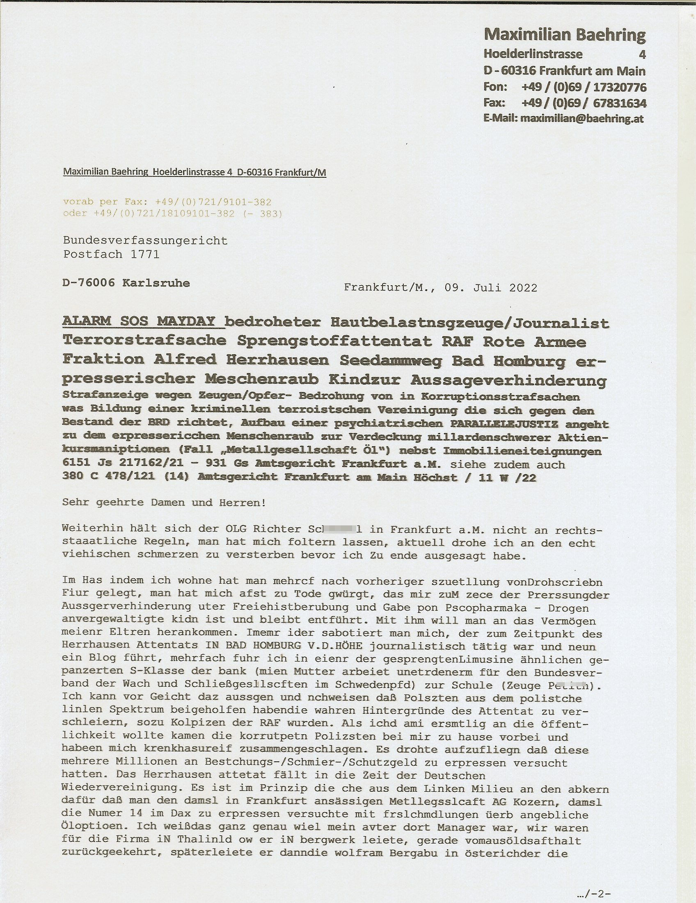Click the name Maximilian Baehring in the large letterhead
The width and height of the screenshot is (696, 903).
[564, 35]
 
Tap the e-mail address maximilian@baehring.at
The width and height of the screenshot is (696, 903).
[582, 119]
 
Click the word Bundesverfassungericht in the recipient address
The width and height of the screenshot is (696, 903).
[145, 241]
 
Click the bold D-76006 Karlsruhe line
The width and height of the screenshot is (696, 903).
[126, 283]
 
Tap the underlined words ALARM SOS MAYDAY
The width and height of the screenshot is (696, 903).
[139, 321]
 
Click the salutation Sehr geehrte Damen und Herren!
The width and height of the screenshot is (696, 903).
[164, 503]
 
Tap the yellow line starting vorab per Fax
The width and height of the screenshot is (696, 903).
[167, 202]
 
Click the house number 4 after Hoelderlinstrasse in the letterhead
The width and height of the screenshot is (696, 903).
[642, 54]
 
